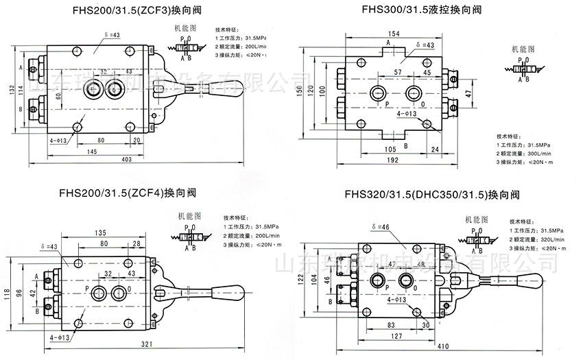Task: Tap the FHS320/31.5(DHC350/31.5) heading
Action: point(432,195)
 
